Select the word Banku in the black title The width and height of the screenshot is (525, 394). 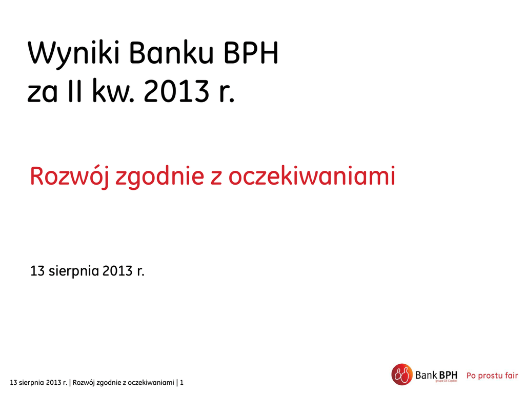pyautogui.click(x=171, y=53)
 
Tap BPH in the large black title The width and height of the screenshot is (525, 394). pyautogui.click(x=251, y=53)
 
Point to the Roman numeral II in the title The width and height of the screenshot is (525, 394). pyautogui.click(x=74, y=90)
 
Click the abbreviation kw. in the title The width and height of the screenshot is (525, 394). pyautogui.click(x=113, y=90)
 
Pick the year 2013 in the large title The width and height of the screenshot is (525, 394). pyautogui.click(x=176, y=91)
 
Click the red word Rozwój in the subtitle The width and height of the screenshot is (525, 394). pyautogui.click(x=69, y=176)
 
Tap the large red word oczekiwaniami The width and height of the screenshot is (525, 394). pyautogui.click(x=312, y=176)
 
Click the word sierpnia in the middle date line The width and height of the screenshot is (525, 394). pyautogui.click(x=74, y=271)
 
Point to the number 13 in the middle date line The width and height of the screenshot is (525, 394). pyautogui.click(x=37, y=271)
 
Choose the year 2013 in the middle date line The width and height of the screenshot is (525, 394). pyautogui.click(x=117, y=271)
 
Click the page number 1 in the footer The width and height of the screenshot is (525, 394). pyautogui.click(x=182, y=382)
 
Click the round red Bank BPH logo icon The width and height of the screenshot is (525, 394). pyautogui.click(x=402, y=375)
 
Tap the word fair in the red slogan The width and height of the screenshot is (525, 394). pyautogui.click(x=511, y=375)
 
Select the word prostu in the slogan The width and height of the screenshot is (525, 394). pyautogui.click(x=490, y=376)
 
